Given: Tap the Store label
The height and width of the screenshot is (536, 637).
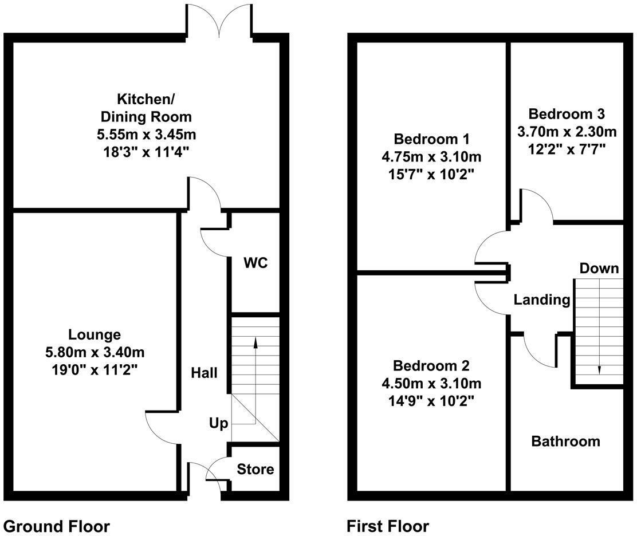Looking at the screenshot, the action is click(x=255, y=470).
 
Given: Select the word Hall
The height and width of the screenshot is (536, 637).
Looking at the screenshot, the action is click(x=205, y=373).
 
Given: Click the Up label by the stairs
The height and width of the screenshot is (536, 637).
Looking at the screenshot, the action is click(x=218, y=424).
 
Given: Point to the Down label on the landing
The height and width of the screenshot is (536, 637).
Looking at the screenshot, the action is click(x=599, y=268).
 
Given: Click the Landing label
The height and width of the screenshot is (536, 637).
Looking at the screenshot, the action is click(x=541, y=299).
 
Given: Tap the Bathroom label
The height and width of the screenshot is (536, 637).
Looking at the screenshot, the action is click(x=565, y=441).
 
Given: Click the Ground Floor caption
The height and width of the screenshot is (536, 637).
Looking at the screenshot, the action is click(x=56, y=526).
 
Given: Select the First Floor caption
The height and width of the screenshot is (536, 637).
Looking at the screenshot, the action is click(x=388, y=526).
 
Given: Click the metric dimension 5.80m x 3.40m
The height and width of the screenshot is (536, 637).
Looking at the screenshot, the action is click(x=95, y=351).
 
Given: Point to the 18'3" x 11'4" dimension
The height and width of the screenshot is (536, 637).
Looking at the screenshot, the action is click(x=146, y=153).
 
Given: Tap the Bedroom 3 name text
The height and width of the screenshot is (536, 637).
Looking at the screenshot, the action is click(x=566, y=113).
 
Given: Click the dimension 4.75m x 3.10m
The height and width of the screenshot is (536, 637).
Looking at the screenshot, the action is click(x=431, y=156).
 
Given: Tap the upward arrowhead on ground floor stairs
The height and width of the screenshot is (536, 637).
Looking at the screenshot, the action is click(x=255, y=342).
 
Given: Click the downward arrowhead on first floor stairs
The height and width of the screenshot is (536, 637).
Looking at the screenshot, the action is click(x=599, y=370).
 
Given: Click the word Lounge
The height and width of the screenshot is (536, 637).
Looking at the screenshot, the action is click(x=95, y=334).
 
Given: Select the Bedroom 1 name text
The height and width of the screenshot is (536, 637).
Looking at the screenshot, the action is click(x=431, y=139).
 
